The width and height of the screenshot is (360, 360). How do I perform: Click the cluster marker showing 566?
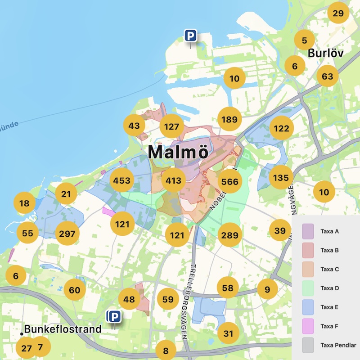click(229, 181)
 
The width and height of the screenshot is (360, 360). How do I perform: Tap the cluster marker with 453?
click(122, 181)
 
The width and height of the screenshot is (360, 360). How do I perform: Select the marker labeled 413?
click(173, 181)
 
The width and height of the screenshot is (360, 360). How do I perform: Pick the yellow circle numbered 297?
click(67, 234)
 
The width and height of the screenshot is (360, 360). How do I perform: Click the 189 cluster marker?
click(229, 119)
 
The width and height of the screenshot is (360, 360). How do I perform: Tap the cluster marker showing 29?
click(338, 13)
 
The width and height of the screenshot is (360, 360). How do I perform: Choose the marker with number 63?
click(327, 76)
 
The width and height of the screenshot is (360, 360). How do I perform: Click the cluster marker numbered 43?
click(134, 126)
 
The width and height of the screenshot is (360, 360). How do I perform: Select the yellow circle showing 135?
click(281, 178)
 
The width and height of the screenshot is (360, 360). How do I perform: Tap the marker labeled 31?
click(228, 333)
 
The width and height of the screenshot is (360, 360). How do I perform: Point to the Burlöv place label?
click(325, 53)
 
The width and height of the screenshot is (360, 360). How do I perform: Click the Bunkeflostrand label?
click(63, 329)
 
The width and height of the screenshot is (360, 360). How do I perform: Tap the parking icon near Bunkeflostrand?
click(114, 317)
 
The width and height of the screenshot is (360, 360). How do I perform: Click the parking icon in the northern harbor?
click(191, 36)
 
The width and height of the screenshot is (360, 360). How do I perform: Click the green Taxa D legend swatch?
click(308, 288)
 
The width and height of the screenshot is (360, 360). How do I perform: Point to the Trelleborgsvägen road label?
click(195, 288)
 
